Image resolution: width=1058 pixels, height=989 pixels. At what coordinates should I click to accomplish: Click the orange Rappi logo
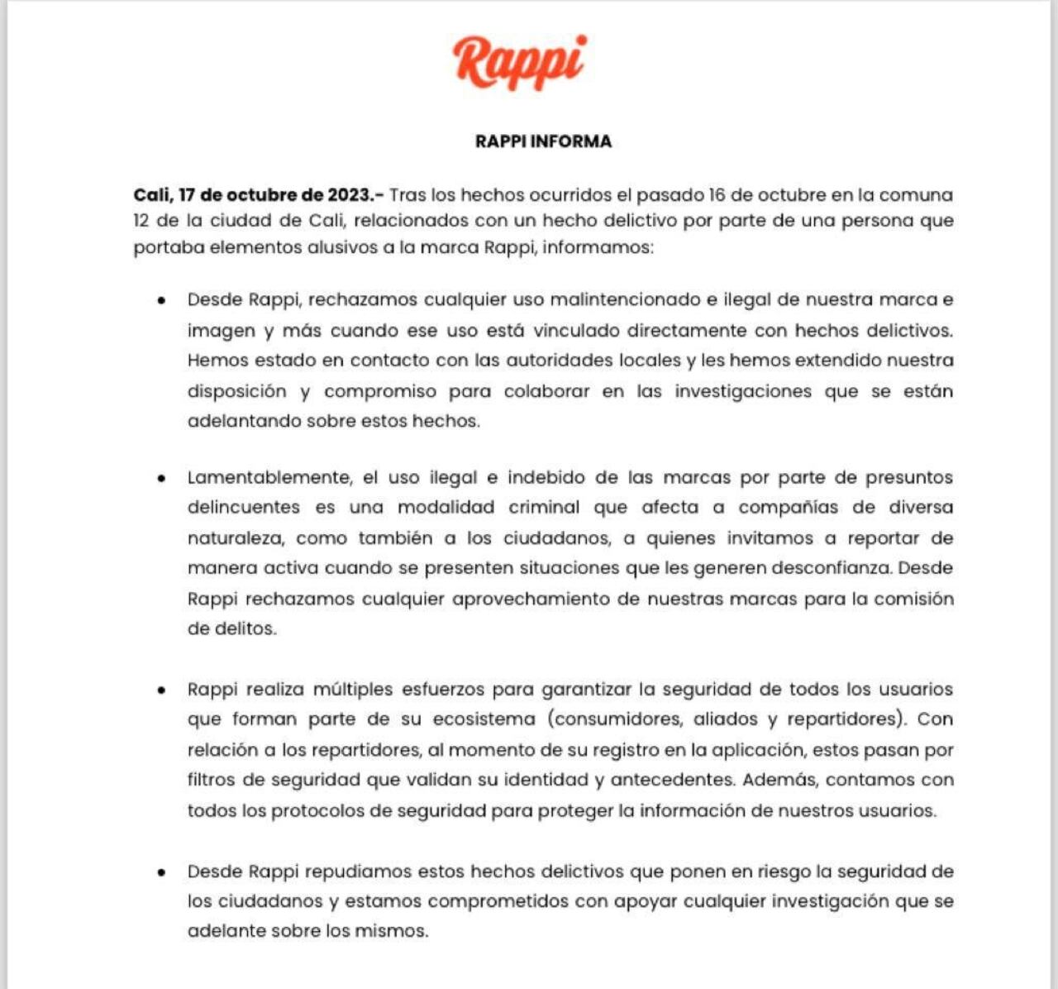(519, 62)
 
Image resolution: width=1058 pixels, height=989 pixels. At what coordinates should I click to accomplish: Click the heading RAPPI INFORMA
(543, 141)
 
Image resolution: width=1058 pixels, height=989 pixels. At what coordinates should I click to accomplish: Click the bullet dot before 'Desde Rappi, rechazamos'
(161, 300)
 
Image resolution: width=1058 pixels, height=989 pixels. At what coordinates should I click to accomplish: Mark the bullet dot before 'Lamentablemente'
(161, 478)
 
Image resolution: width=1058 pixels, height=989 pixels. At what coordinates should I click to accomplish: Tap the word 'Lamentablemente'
(269, 478)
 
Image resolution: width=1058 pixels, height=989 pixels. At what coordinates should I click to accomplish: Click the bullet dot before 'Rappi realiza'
(161, 690)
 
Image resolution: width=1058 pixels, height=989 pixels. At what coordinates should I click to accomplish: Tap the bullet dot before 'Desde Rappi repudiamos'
(161, 872)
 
